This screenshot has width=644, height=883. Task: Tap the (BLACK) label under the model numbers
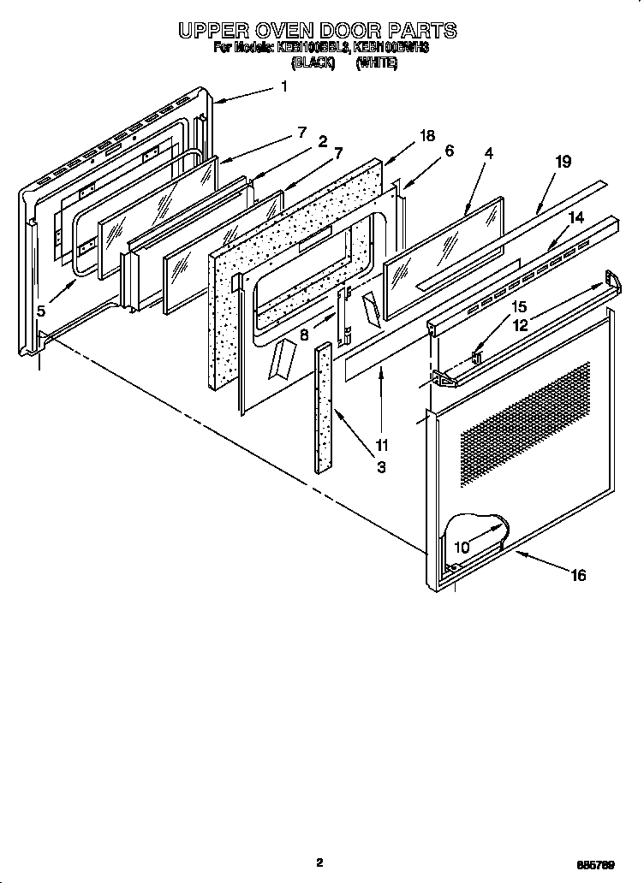coord(313,62)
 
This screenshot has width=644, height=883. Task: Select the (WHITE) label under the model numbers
coord(377,62)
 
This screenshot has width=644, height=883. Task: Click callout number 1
coord(283,86)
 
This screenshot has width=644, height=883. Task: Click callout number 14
coord(576,218)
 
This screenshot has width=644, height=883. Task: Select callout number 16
coord(578,575)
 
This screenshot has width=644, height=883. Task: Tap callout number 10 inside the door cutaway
coord(462,547)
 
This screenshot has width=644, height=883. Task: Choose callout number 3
coord(381,467)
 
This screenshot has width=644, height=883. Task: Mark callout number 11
coord(381,445)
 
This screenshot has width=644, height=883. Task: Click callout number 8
coord(304,336)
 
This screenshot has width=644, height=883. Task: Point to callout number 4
coord(488,154)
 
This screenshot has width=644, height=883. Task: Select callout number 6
coord(449,151)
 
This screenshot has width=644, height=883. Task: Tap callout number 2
coord(322,141)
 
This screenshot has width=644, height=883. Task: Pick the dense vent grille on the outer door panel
coord(525,412)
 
